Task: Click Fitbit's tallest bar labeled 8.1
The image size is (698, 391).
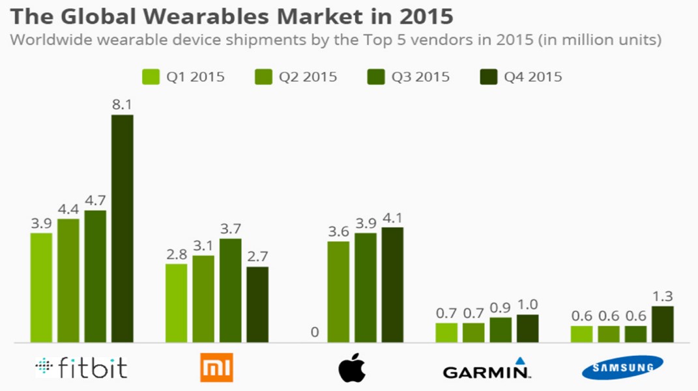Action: [x=122, y=228]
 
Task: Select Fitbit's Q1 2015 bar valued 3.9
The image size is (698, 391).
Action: [x=41, y=287]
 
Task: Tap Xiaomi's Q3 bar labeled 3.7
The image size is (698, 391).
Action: [x=230, y=290]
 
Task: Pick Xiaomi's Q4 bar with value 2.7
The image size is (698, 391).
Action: [x=257, y=304]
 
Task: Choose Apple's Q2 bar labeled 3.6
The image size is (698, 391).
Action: [x=338, y=291]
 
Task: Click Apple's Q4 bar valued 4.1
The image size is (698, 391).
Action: [x=392, y=285]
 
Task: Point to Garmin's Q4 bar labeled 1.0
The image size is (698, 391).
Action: [x=527, y=328]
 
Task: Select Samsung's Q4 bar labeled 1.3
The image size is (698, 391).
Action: [x=662, y=324]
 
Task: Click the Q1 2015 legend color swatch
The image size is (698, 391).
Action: [x=151, y=77]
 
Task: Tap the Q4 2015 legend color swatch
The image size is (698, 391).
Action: [x=488, y=77]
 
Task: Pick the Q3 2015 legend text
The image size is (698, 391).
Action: [x=420, y=77]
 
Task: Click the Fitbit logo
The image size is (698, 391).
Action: [x=81, y=368]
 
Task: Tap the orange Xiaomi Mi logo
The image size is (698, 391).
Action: [x=216, y=368]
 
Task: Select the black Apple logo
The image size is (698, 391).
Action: [x=352, y=368]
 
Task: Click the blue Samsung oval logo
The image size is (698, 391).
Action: [x=622, y=368]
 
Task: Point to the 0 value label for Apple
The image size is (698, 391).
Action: [x=315, y=332]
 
